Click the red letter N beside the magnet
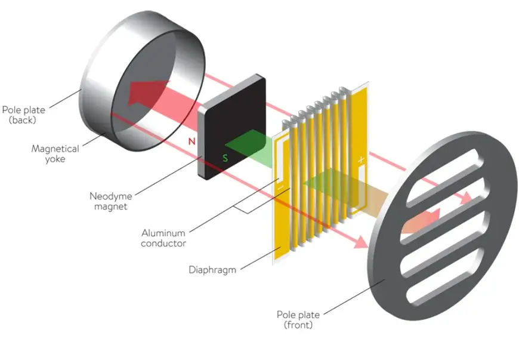pyautogui.click(x=191, y=141)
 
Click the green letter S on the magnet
pyautogui.click(x=225, y=158)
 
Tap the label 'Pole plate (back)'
pyautogui.click(x=23, y=115)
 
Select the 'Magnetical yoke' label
pyautogui.click(x=55, y=153)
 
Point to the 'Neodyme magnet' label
pyautogui.click(x=110, y=201)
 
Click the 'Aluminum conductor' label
pyautogui.click(x=163, y=238)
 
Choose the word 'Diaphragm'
pyautogui.click(x=212, y=270)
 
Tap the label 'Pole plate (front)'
pyautogui.click(x=298, y=319)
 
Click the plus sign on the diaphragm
pyautogui.click(x=361, y=160)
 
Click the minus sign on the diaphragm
pyautogui.click(x=280, y=187)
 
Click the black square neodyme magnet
pyautogui.click(x=232, y=127)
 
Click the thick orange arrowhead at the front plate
pyautogui.click(x=427, y=219)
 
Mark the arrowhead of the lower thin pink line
pyautogui.click(x=360, y=242)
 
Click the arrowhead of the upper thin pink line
pyautogui.click(x=465, y=198)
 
